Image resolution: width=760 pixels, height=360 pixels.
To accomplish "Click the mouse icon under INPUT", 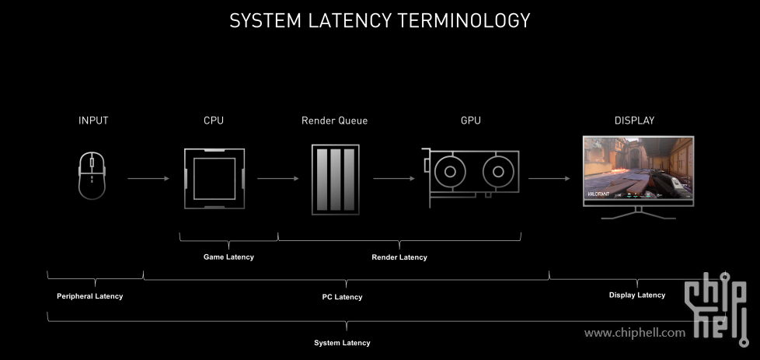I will point(92,176).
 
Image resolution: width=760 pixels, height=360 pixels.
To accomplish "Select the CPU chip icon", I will point(214,178).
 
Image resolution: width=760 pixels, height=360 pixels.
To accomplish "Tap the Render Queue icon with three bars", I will point(335,179).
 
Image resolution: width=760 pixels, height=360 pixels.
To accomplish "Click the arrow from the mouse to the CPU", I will point(148,179).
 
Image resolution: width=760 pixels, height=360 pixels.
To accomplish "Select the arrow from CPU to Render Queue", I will point(277,179).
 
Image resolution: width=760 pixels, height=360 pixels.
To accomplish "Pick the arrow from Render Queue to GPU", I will point(393,179).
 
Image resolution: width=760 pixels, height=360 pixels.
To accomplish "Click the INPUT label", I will point(93,121).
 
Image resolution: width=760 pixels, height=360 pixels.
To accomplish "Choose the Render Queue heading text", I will point(334,121).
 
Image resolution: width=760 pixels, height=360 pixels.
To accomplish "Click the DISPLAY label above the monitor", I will point(634,121).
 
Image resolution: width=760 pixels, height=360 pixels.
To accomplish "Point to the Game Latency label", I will point(228,257).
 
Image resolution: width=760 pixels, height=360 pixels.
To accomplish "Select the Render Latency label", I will point(399,257).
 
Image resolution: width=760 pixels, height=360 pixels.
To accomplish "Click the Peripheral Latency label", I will point(89,296).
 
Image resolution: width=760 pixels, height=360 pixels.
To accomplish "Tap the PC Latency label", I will point(342,297).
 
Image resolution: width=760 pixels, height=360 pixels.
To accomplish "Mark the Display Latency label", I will point(637,295).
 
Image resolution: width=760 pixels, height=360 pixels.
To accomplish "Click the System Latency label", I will point(342,343).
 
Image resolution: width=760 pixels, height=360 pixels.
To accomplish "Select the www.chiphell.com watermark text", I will point(635,333).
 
